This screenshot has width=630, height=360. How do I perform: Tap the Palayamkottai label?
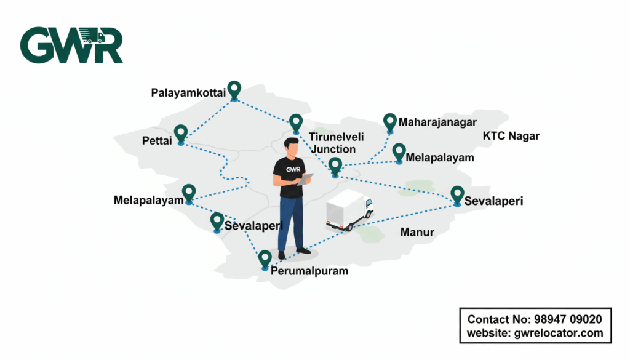click(188, 93)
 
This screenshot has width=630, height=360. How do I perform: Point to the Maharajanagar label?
click(437, 122)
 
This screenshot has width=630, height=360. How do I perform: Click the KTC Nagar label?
click(511, 136)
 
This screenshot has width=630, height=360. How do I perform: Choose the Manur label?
click(417, 233)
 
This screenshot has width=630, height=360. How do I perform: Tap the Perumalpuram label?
click(310, 271)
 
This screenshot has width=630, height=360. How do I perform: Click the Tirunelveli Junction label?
click(332, 143)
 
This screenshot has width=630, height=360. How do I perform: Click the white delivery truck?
click(349, 209)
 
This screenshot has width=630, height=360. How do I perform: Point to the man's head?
click(292, 147)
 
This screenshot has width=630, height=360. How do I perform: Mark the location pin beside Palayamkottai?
click(234, 90)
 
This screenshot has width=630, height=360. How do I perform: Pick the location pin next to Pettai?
click(180, 134)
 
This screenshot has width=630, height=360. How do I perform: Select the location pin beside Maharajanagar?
click(389, 122)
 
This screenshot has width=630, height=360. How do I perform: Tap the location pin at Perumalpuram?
click(265, 259)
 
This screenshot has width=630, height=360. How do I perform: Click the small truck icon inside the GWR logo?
click(91, 37)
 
